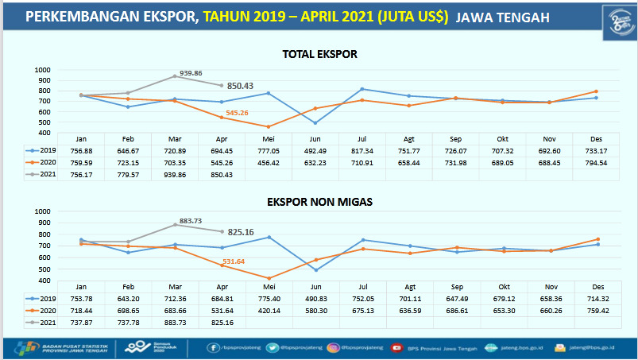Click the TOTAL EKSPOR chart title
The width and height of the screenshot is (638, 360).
[x=320, y=54]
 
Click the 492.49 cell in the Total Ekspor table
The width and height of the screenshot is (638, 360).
[x=315, y=150]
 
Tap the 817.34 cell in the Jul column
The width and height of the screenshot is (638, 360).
[x=362, y=150]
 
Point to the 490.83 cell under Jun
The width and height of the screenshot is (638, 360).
[x=315, y=298]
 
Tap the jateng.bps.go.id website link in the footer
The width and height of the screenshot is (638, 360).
[x=516, y=346]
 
